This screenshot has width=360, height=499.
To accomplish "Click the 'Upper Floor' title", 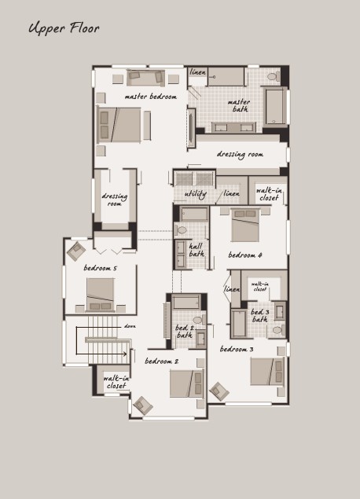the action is [64, 28].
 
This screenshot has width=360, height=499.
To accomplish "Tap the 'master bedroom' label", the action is [151, 97].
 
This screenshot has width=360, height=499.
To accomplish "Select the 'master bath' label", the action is [239, 105].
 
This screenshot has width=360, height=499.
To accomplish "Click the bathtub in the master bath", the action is [274, 106].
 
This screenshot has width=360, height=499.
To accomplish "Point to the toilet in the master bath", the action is [273, 76].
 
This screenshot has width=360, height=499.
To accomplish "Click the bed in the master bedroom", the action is [119, 125].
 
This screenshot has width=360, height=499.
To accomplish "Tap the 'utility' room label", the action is [196, 194].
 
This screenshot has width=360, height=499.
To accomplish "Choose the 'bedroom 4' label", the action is [245, 255].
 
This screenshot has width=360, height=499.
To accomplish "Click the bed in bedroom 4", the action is [245, 225].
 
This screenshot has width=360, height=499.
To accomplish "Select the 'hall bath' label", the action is [197, 250].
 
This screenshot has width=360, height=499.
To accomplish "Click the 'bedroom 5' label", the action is [100, 268].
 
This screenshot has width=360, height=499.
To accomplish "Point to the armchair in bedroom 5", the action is [76, 251].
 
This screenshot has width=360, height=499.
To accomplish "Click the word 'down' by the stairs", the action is [130, 326].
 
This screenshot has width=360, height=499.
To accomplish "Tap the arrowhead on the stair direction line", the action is [125, 354].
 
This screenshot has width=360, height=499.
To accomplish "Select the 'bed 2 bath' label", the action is [185, 332].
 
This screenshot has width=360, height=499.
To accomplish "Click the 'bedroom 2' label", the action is [162, 361].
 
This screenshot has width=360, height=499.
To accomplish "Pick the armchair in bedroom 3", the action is [219, 391].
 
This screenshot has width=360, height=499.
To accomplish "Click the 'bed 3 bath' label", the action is [259, 315].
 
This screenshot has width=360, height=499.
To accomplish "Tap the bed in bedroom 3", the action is [266, 372].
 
